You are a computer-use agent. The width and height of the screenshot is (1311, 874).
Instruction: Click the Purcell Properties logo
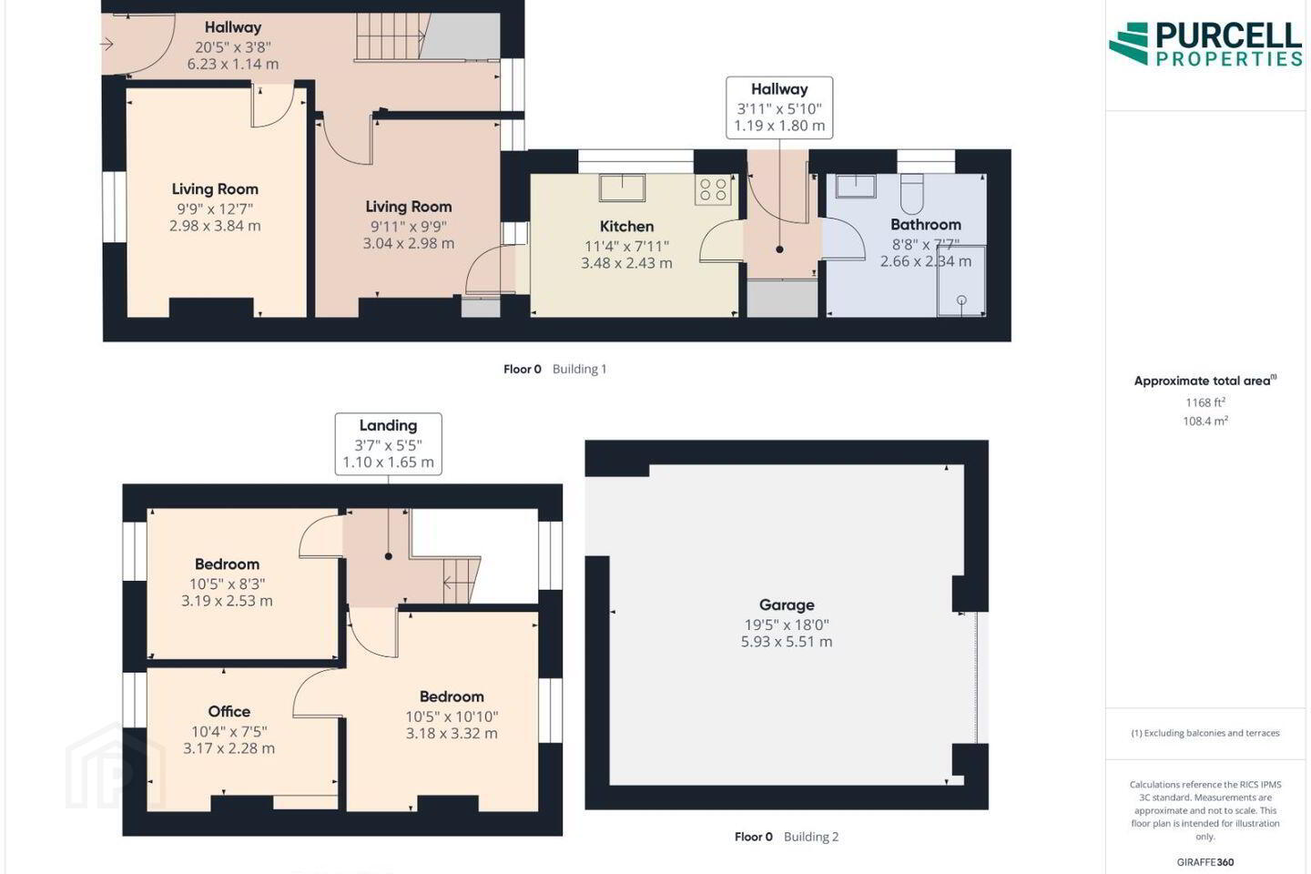[1205, 44]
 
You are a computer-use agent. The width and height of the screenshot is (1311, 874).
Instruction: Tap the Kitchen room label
[626, 227]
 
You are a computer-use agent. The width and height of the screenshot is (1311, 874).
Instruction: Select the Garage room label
[787, 605]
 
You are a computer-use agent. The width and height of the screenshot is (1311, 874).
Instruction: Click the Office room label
[229, 711]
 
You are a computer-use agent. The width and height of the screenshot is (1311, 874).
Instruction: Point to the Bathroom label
[925, 225]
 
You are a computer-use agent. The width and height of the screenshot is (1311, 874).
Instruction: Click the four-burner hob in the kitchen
[713, 189]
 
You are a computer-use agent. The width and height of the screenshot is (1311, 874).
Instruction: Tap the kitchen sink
[622, 188]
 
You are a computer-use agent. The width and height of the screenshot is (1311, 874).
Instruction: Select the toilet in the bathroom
[911, 193]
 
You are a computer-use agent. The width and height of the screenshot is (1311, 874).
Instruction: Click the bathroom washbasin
[856, 186]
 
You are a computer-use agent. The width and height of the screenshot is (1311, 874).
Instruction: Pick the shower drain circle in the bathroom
[961, 300]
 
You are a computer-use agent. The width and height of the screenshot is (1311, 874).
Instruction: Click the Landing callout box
[388, 443]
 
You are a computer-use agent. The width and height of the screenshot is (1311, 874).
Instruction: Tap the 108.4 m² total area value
[1205, 421]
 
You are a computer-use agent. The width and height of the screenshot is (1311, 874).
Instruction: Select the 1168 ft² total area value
[1205, 402]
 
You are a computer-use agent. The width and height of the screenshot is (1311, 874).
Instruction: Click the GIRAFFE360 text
[1205, 861]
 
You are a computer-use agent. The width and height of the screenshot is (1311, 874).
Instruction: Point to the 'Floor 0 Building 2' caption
[786, 837]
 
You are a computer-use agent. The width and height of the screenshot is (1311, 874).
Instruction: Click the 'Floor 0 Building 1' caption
[554, 370]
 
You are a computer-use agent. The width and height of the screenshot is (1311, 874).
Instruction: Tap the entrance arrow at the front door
[107, 44]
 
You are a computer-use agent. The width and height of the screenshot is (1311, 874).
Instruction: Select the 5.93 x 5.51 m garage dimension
[787, 642]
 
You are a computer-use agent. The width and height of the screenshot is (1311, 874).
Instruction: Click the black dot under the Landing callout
[388, 556]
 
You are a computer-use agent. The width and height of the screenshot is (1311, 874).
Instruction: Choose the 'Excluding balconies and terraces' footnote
[1205, 733]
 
